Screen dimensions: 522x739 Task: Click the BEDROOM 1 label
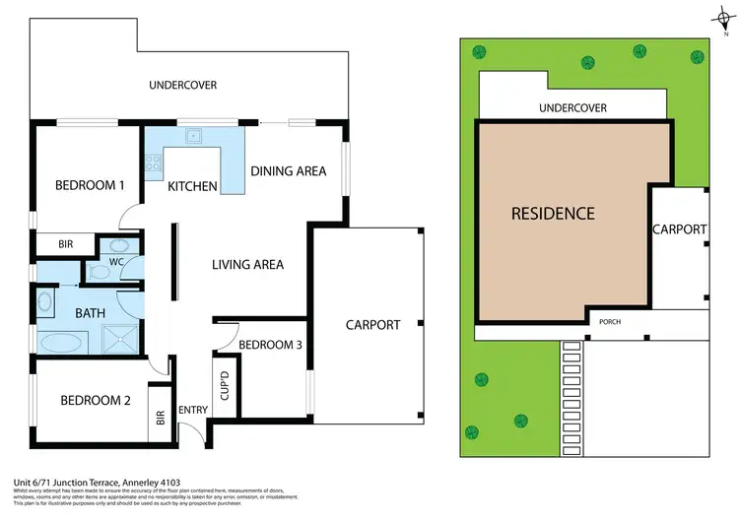point(90,184)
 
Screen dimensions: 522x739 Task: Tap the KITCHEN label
point(192,186)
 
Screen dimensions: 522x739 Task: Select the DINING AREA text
point(288,171)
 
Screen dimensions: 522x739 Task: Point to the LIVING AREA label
point(248,264)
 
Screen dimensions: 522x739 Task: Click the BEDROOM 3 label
point(270,345)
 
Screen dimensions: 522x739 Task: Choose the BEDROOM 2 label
point(95,400)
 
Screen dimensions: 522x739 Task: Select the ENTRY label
point(191,411)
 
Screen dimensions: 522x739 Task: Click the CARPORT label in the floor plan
point(372,324)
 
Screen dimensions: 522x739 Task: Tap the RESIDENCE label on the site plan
point(553,213)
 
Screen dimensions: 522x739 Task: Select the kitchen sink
point(194,136)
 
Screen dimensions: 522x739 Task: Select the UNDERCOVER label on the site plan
point(571,107)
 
